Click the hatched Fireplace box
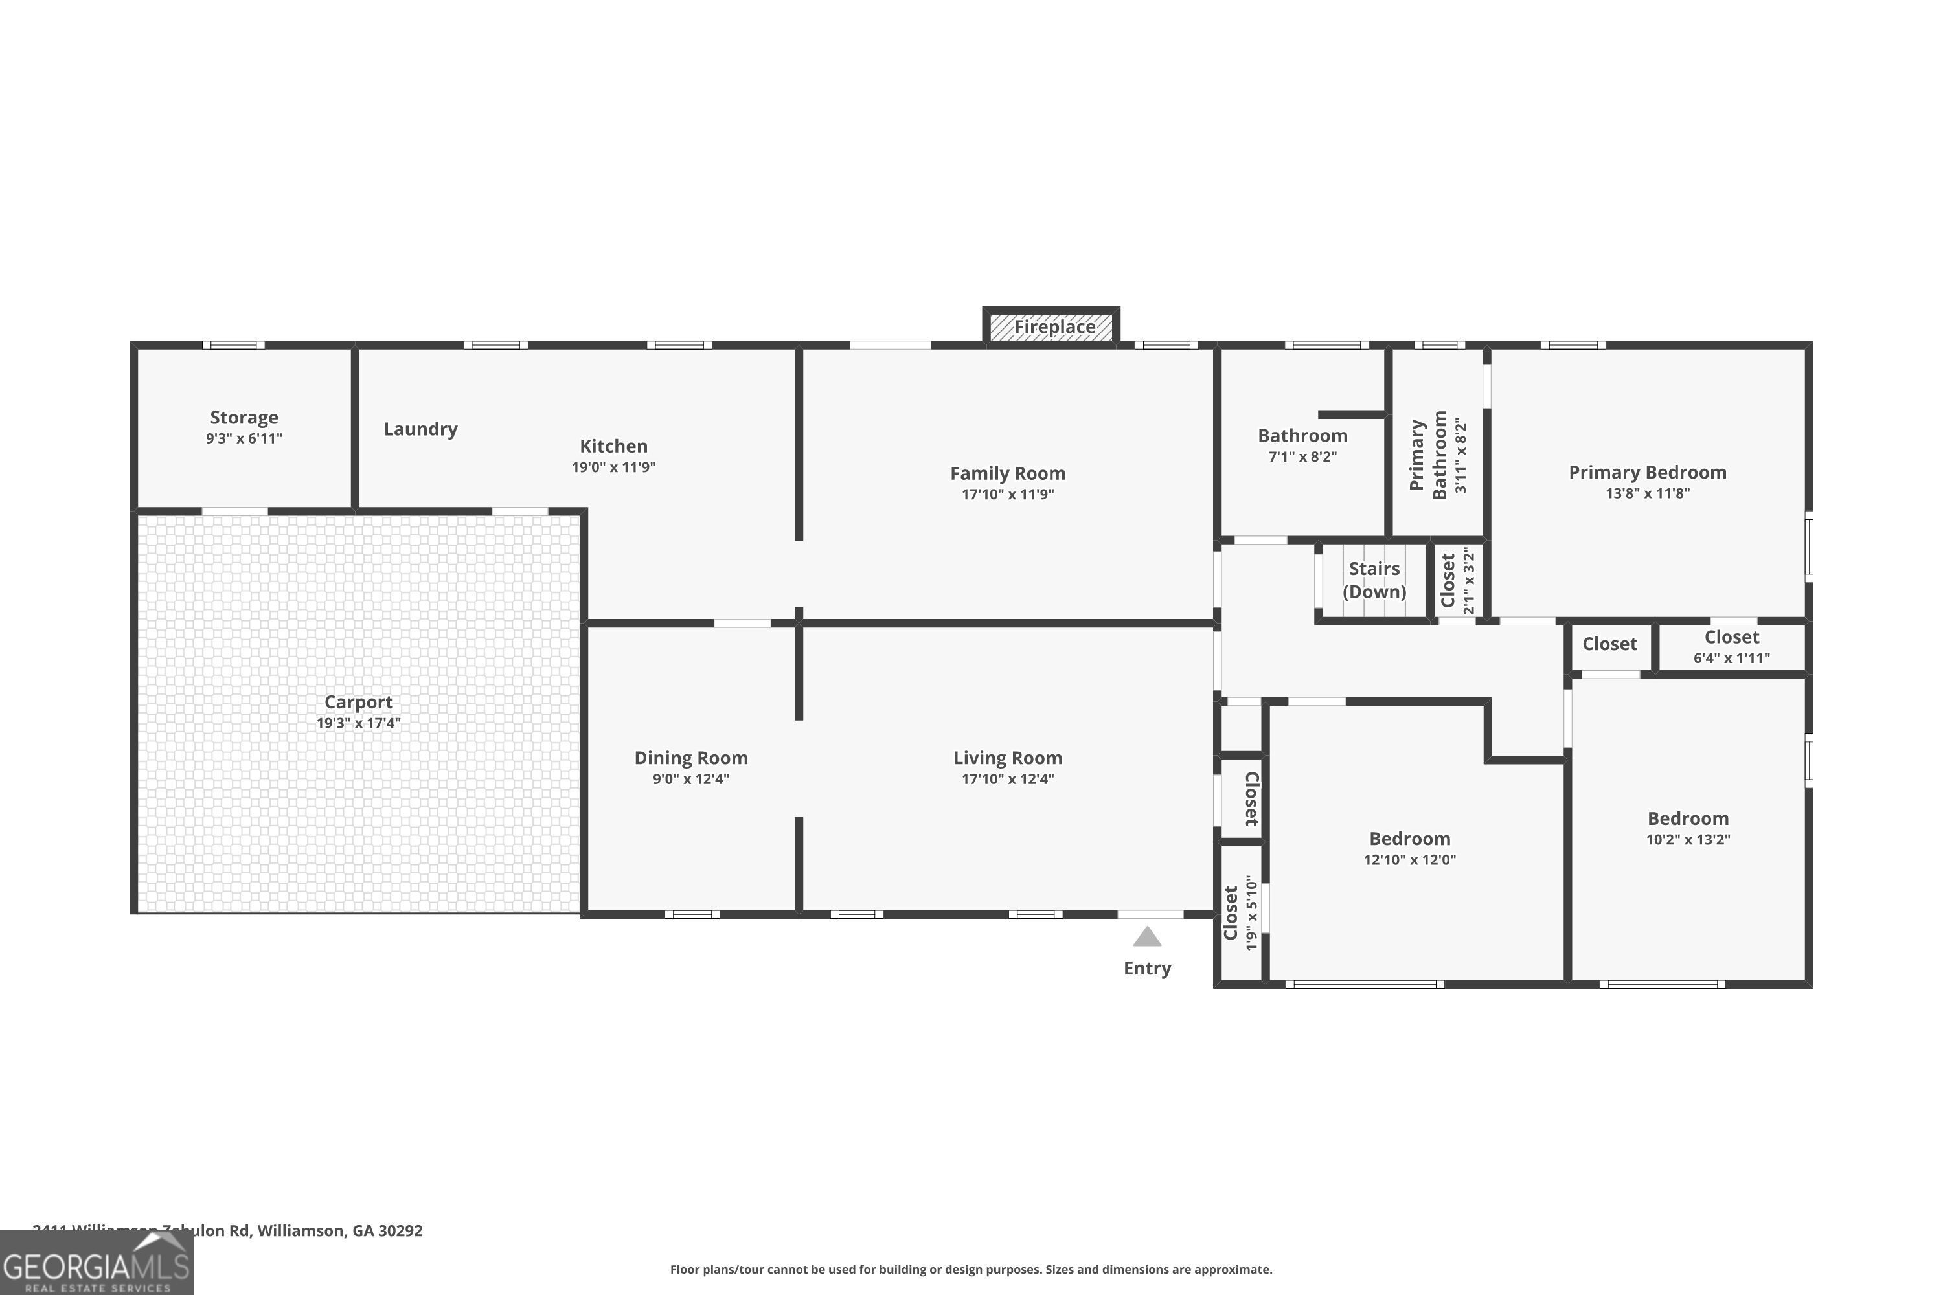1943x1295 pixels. coord(1051,327)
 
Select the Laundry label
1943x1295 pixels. coord(420,429)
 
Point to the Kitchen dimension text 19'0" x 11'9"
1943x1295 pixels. coord(614,467)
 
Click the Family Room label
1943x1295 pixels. coord(1007,474)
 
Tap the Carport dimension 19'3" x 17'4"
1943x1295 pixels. coord(359,723)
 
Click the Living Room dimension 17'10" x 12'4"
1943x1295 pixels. coord(1007,779)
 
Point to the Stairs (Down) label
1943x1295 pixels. coord(1374,580)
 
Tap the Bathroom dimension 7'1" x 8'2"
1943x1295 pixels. coord(1302,456)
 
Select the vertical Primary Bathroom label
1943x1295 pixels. coord(1428,455)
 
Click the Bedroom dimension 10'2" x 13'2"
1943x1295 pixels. coord(1688,840)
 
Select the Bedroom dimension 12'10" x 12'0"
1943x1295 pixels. coord(1409,860)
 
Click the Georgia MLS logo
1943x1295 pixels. coord(97,1265)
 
